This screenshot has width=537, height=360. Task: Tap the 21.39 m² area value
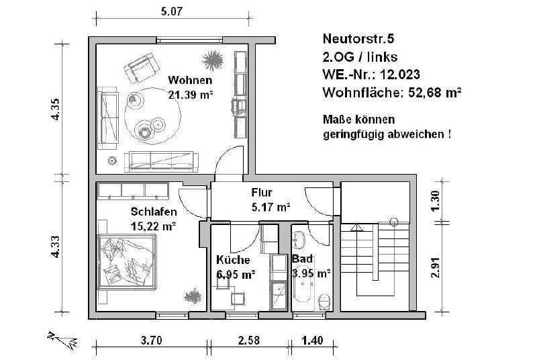click(x=191, y=95)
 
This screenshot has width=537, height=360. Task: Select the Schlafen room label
click(x=154, y=212)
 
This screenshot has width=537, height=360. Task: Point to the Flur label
click(x=261, y=193)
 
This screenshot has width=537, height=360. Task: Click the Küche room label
click(x=233, y=260)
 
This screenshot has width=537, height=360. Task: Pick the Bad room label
click(x=299, y=259)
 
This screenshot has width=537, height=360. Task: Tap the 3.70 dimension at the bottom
click(x=151, y=341)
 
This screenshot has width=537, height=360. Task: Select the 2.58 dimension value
click(x=249, y=341)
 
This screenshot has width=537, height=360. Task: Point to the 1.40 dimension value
click(x=313, y=341)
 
